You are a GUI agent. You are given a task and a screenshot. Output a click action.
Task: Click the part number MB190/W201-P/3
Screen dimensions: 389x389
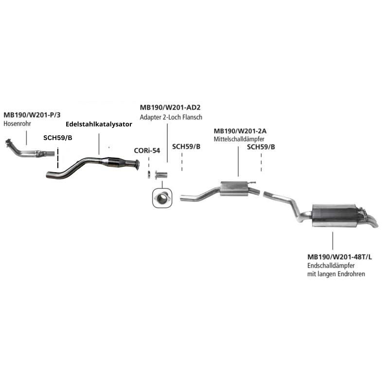tap(32, 115)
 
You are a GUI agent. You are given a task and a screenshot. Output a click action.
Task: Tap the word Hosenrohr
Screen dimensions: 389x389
tap(17, 124)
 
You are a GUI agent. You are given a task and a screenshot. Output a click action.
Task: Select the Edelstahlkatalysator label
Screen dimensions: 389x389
tap(99, 124)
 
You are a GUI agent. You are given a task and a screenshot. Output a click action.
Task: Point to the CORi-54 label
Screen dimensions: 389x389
tap(147, 151)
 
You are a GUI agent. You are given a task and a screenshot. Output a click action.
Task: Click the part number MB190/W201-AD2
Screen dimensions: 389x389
tap(170, 108)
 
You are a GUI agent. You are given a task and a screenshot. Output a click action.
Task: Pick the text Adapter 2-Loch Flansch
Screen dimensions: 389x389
tap(171, 117)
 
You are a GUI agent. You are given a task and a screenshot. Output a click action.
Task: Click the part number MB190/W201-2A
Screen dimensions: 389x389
tap(240, 131)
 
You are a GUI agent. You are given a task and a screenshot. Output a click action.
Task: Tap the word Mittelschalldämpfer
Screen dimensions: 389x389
tap(239, 140)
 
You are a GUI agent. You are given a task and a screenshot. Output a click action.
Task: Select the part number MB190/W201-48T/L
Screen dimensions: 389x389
tap(339, 257)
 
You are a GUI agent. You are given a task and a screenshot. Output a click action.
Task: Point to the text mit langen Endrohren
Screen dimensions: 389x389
tap(336, 274)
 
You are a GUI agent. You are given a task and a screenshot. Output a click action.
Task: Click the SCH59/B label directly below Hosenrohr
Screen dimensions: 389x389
tap(57, 138)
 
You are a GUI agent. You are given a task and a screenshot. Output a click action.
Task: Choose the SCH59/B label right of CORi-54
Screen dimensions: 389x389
tap(186, 147)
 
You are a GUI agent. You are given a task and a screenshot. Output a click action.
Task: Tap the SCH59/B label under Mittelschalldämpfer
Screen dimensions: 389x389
tap(261, 147)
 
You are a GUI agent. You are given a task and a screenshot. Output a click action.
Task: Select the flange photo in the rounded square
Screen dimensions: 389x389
tap(162, 198)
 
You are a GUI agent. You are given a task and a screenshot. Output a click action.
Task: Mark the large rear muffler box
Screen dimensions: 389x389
tap(334, 215)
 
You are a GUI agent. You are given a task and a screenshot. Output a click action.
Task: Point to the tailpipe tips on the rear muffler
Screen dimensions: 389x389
tap(370, 220)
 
